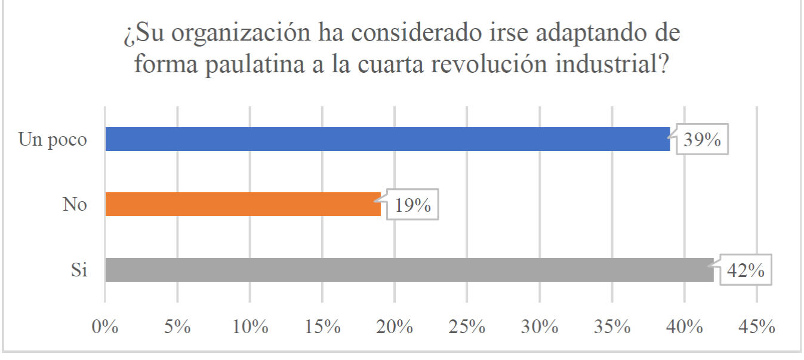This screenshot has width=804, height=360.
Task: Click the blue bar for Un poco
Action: pos(387,139)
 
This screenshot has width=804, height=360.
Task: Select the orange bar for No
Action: pos(243,204)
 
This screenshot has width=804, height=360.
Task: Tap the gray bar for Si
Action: pos(409,270)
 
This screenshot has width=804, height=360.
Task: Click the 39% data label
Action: pos(703,141)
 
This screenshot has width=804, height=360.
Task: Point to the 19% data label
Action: pos(412,206)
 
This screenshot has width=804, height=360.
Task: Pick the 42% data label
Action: pos(746,271)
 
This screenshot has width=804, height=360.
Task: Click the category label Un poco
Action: pos(53,140)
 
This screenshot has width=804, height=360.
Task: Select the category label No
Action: pos(75,205)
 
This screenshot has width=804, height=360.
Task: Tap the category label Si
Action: pos(79,270)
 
